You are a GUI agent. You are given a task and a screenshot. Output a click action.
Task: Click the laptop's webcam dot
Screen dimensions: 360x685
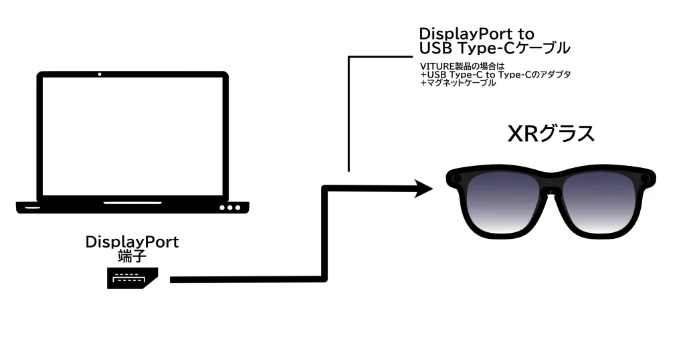coord(99,74)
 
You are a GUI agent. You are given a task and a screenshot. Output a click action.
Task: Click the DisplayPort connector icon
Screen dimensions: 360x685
coord(131,278)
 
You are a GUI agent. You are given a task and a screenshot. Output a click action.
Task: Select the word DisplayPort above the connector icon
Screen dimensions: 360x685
coord(132,242)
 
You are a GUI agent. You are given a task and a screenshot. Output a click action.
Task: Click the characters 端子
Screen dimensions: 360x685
coord(132,255)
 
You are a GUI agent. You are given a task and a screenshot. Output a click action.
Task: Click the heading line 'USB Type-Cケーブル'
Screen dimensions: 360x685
coord(494,48)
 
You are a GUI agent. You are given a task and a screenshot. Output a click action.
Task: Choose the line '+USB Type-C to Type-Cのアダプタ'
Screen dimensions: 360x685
coord(495,74)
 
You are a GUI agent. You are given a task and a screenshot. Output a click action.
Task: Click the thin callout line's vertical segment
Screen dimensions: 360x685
coord(349,114)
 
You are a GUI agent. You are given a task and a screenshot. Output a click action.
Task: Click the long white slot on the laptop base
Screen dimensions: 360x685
coord(132,202)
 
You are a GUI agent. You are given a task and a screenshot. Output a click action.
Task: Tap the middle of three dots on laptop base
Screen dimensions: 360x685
coord(229,207)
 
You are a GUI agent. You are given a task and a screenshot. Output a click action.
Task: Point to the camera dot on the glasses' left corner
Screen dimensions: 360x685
coord(456,179)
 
